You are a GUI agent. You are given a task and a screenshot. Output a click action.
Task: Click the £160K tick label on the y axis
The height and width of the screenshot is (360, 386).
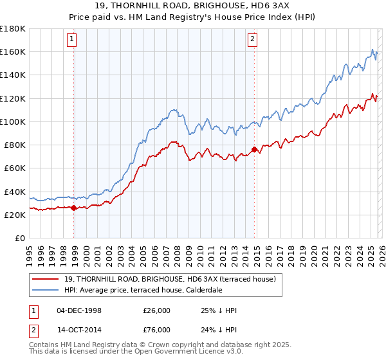click(x=13, y=51)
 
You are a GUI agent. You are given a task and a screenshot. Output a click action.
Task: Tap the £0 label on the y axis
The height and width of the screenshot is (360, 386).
click(x=20, y=239)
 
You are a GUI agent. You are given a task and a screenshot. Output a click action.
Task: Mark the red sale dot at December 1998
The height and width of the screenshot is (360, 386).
click(x=73, y=208)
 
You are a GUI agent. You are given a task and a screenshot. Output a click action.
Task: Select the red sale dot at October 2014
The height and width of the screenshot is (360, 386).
click(x=254, y=149)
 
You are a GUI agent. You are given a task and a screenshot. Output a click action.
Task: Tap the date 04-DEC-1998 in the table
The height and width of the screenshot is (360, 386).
click(x=79, y=310)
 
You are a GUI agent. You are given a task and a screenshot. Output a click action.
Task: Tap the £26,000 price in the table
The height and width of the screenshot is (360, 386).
click(x=157, y=310)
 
